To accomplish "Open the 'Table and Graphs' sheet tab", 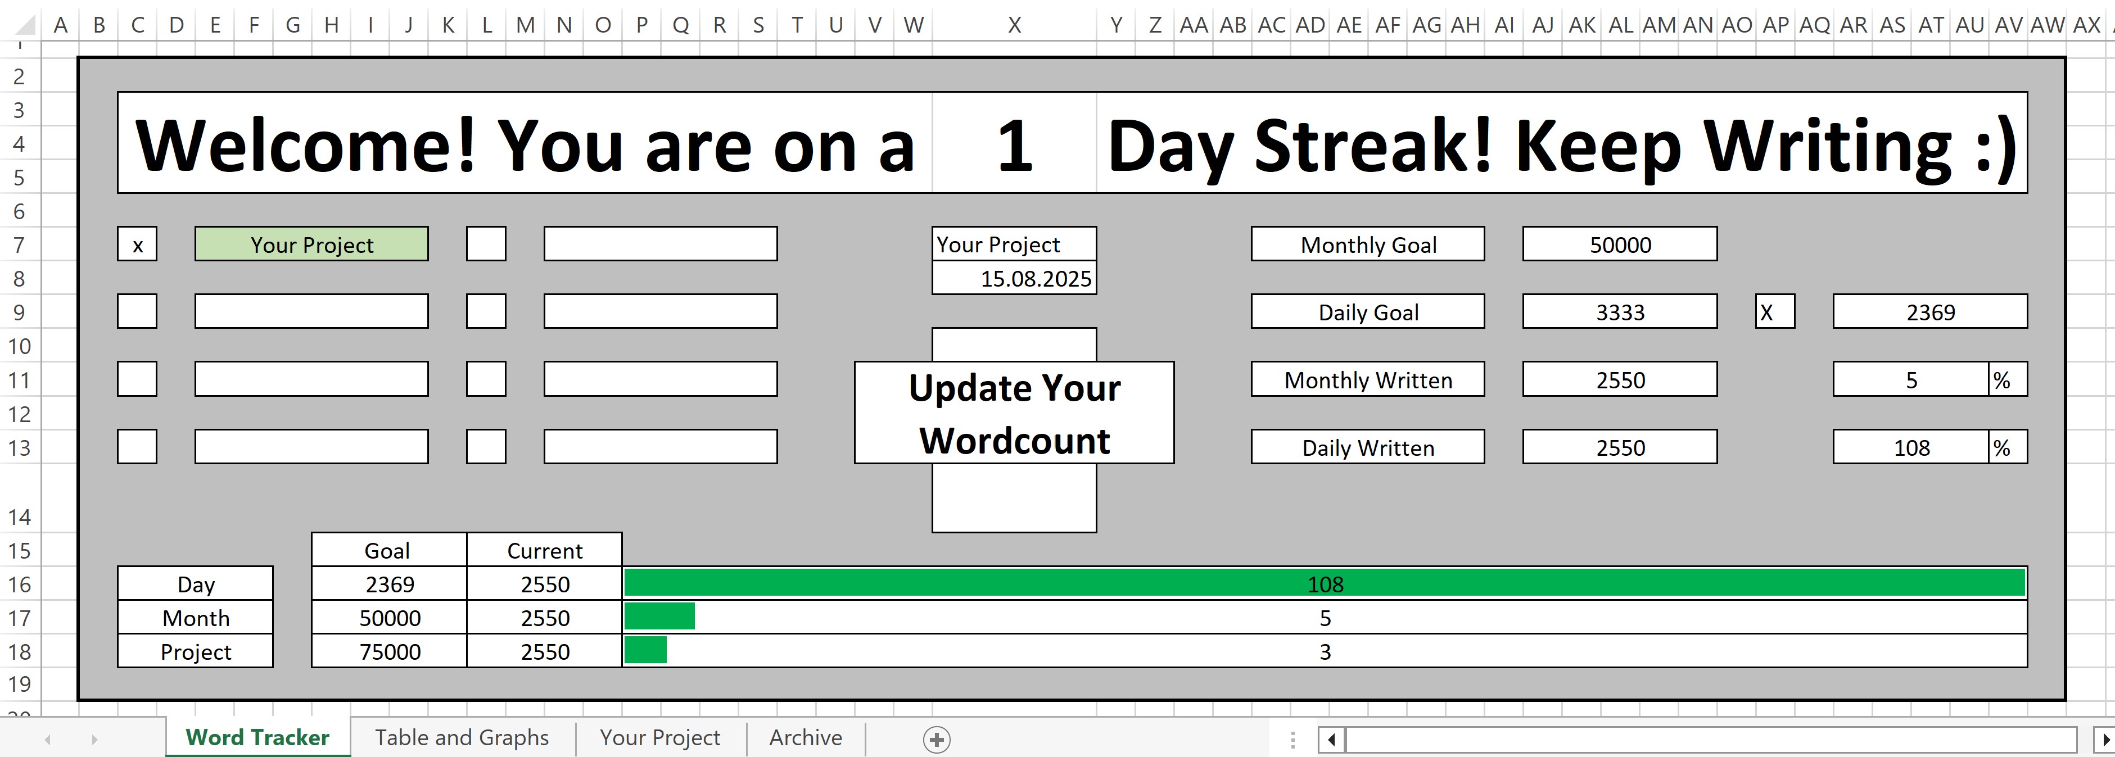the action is pos(462,737).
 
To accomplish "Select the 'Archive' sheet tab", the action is pos(806,737).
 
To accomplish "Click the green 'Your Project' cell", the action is pos(311,244).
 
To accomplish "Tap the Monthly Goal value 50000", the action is pos(1620,244).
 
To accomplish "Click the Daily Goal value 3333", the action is pos(1620,311).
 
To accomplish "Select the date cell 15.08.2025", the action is pos(1014,278).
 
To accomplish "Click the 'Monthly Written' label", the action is pos(1368,379).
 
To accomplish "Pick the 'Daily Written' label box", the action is pos(1368,447).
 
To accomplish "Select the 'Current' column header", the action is pos(544,550).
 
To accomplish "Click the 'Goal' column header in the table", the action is pos(387,550).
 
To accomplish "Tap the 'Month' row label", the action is pos(196,618).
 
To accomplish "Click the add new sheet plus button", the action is pos(937,739).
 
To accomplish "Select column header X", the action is pos(1014,25).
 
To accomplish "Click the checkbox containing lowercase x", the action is pos(137,244).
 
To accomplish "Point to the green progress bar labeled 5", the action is pos(659,617).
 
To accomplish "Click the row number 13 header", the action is pos(19,447).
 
